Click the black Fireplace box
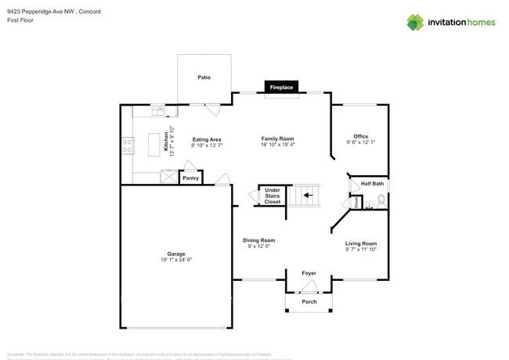click(281, 87)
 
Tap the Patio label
click(204, 77)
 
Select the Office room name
click(360, 136)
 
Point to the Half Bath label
click(372, 184)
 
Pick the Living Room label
click(361, 243)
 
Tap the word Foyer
click(309, 273)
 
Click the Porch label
click(309, 301)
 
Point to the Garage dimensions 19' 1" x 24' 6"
click(176, 260)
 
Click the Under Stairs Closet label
click(272, 196)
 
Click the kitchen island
click(153, 143)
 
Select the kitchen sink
click(157, 110)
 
